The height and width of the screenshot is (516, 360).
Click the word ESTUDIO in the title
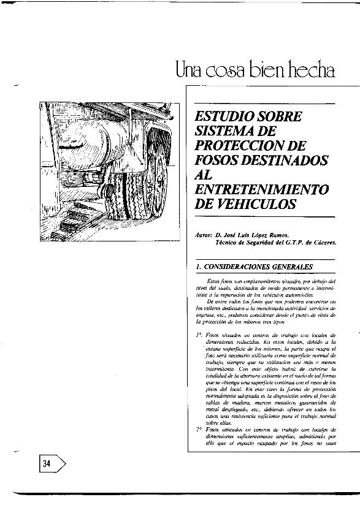[x=223, y=116]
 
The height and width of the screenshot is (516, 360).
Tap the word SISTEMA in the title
[x=224, y=131]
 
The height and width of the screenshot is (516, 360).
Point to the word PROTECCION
[x=239, y=146]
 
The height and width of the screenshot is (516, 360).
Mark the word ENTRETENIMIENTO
[x=261, y=189]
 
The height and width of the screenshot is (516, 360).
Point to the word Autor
[x=202, y=235]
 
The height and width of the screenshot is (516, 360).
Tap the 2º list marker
[x=200, y=431]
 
